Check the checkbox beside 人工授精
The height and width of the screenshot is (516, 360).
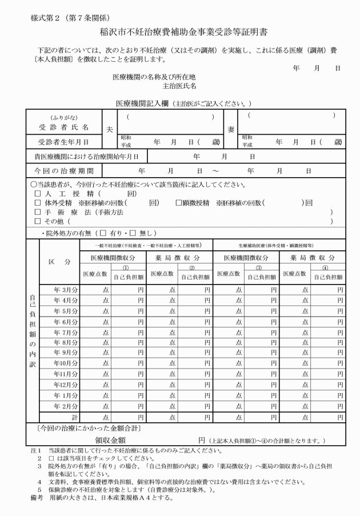(38, 194)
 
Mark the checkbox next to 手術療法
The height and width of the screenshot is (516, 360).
(38, 211)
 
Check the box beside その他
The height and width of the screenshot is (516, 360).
(38, 221)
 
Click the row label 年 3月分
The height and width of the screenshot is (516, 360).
(66, 290)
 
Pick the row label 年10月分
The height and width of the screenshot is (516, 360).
(66, 363)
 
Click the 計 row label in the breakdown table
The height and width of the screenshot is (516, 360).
(74, 417)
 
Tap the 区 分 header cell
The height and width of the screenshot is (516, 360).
(59, 262)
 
